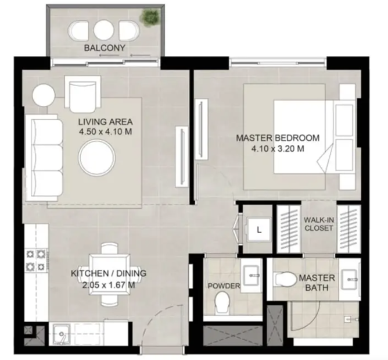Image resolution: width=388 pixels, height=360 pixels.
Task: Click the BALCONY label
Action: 105,48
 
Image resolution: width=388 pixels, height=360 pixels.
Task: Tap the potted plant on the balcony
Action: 149,17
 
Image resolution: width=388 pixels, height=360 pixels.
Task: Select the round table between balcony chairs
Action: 104,30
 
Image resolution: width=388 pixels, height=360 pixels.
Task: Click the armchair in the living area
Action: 82,94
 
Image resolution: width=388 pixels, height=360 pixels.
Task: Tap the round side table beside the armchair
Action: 44,95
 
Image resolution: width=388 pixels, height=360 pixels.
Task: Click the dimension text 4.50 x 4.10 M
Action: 105,131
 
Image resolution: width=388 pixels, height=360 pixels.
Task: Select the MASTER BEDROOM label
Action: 278,138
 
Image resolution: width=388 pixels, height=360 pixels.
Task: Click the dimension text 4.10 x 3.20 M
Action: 278,149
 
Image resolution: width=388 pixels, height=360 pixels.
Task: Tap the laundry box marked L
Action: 259,230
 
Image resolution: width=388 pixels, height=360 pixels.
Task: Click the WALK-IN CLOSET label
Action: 319,224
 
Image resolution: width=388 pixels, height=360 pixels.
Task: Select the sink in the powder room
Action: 252,275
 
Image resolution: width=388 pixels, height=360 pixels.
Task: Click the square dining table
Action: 109,274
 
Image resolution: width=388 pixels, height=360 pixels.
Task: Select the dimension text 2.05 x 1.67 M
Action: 109,285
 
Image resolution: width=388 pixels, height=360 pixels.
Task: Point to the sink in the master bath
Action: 349,280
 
